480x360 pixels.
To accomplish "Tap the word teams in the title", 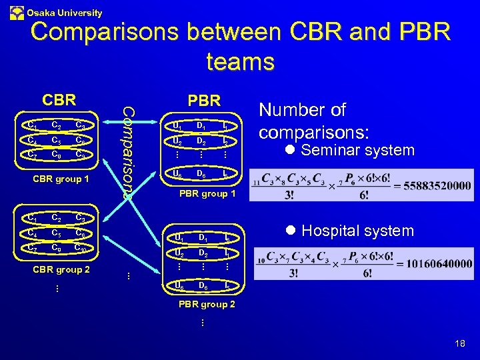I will click(x=240, y=61).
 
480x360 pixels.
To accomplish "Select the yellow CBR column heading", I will click(x=59, y=100).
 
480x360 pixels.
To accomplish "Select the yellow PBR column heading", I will click(x=203, y=101).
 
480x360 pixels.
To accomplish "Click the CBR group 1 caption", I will click(x=61, y=179).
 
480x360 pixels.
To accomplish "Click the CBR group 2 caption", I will click(x=61, y=270).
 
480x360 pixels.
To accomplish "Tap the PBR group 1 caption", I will click(x=209, y=194).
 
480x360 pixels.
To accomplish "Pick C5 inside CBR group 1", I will click(x=56, y=140).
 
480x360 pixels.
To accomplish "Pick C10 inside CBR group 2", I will click(x=81, y=247).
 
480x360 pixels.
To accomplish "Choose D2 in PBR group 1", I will click(x=201, y=141).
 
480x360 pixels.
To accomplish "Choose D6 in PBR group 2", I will click(x=201, y=285).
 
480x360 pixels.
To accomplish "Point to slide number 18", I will click(x=459, y=343).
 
